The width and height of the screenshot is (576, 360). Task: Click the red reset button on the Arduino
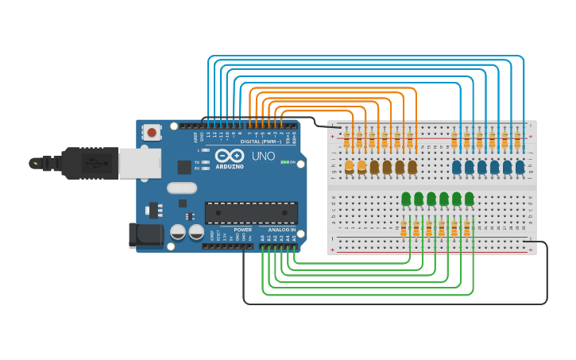pyautogui.click(x=152, y=132)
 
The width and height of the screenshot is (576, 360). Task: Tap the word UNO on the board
pyautogui.click(x=263, y=157)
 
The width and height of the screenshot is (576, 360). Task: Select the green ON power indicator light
pyautogui.click(x=284, y=162)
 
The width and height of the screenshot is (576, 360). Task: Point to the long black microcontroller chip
pyautogui.click(x=251, y=212)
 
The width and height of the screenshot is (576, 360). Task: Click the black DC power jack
pyautogui.click(x=145, y=235)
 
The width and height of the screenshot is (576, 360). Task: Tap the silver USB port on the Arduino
pyautogui.click(x=139, y=163)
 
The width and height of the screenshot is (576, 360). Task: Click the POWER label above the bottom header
pyautogui.click(x=242, y=230)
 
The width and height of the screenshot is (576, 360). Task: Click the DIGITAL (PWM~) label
pyautogui.click(x=261, y=141)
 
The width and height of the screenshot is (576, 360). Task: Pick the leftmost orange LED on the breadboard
pyautogui.click(x=349, y=166)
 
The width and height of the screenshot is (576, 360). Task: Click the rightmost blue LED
pyautogui.click(x=520, y=167)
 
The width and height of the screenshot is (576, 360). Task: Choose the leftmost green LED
pyautogui.click(x=406, y=198)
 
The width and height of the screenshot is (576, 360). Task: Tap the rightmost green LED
pyautogui.click(x=470, y=198)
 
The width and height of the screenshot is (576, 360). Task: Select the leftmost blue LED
pyautogui.click(x=457, y=167)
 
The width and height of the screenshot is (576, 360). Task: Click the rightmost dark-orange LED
pyautogui.click(x=412, y=167)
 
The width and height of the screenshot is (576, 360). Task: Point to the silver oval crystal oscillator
pyautogui.click(x=181, y=188)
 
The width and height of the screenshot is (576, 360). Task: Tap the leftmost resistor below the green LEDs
pyautogui.click(x=404, y=229)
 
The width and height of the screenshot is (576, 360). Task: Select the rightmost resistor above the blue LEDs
pyautogui.click(x=517, y=140)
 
